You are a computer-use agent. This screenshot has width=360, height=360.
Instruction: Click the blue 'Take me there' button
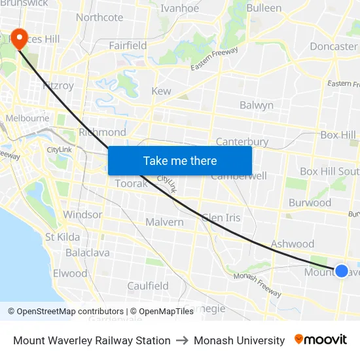180,160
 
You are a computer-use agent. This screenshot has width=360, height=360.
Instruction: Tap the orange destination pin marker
20,39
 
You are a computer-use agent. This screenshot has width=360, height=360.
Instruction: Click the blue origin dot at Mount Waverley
341,270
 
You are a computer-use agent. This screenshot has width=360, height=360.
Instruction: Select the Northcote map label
99,18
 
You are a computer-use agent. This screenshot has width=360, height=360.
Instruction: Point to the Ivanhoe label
179,9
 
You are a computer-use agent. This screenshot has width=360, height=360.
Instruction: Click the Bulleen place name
264,9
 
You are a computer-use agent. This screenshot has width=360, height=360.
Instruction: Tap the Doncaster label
333,46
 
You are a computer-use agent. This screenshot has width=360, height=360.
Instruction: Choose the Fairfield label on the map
128,46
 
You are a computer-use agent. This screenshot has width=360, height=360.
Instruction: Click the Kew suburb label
161,92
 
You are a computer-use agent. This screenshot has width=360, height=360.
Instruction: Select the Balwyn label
257,105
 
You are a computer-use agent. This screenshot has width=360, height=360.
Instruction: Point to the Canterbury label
242,141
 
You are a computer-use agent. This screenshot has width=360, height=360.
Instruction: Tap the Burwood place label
310,202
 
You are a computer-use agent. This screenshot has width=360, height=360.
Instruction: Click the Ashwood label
293,243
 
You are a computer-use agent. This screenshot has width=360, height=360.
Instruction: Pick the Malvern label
164,222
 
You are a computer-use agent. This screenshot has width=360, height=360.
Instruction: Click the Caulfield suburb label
148,285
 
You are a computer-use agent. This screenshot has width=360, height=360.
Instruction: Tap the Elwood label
70,273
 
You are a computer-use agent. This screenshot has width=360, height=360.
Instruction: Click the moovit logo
321,340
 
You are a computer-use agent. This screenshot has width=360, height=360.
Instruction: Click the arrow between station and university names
182,340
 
